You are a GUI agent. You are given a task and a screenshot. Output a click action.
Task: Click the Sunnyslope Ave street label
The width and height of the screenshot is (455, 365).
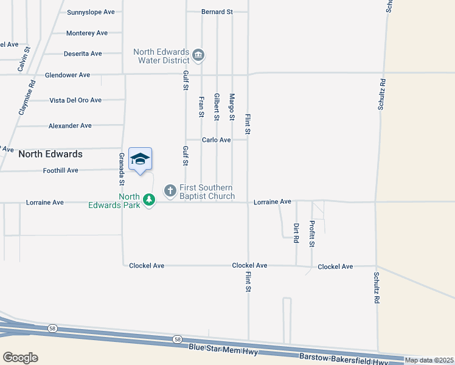click(x=91, y=12)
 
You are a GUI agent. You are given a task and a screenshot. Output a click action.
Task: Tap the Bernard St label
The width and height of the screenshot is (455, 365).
click(x=218, y=12)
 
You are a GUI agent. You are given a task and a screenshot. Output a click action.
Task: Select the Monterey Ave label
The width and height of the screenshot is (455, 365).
click(x=87, y=33)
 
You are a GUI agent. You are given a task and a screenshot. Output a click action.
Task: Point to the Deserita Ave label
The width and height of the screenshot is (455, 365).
click(x=83, y=54)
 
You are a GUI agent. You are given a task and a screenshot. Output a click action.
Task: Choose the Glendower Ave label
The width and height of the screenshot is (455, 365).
click(x=68, y=75)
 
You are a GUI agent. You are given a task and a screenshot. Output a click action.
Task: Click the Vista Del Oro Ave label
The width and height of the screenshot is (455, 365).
click(x=75, y=100)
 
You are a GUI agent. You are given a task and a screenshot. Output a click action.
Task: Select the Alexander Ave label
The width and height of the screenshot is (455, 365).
click(x=70, y=126)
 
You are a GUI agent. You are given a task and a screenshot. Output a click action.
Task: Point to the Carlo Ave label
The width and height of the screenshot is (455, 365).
click(x=217, y=140)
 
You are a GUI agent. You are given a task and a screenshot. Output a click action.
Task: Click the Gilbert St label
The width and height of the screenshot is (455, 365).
click(x=217, y=107)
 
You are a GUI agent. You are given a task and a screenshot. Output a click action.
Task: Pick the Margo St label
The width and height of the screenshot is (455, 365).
click(x=232, y=107)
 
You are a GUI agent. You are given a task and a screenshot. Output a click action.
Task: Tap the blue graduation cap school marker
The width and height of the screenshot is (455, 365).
click(x=140, y=159)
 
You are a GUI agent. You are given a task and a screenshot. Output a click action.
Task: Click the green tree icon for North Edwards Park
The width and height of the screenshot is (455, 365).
click(x=148, y=199)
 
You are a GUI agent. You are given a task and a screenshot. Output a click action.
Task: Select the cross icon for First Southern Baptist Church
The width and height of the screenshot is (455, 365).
click(x=170, y=192)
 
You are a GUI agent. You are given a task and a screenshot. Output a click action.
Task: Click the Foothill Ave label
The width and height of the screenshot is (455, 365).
click(x=61, y=171)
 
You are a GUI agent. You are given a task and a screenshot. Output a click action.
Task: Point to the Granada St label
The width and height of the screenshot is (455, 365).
click(x=122, y=169)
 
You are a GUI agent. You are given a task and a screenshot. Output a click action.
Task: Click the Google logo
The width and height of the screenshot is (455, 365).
click(x=20, y=358)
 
